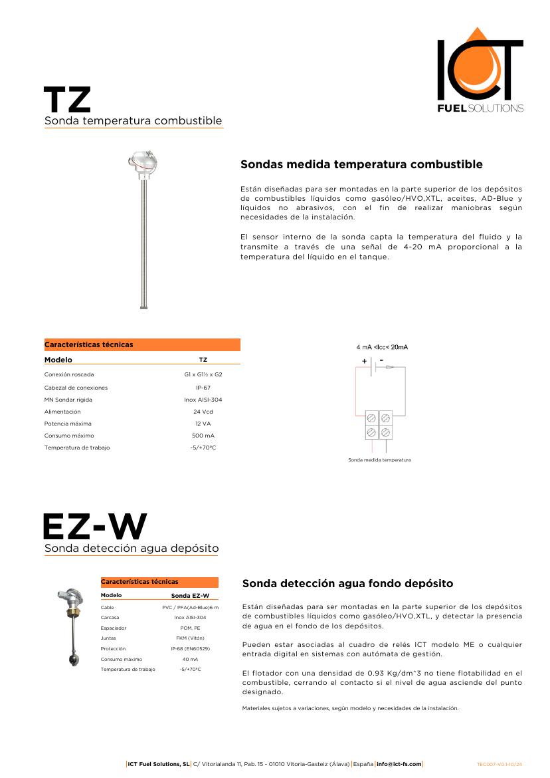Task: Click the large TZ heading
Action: (x=67, y=100)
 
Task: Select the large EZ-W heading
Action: (x=94, y=527)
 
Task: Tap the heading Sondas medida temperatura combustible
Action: (x=361, y=164)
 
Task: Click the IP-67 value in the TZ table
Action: (x=203, y=388)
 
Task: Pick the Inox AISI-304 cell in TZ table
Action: (x=203, y=400)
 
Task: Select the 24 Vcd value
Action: (x=203, y=412)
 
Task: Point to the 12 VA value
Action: (x=203, y=424)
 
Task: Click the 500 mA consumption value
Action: (x=203, y=436)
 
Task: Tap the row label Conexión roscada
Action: (x=69, y=374)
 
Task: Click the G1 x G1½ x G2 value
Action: (x=203, y=374)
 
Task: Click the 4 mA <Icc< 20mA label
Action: (x=382, y=347)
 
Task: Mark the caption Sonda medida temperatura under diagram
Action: (x=379, y=459)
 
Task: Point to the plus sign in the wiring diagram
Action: (x=364, y=361)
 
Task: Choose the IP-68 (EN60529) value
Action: (x=190, y=648)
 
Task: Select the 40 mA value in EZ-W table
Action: (x=190, y=659)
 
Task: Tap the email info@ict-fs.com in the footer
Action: (x=399, y=764)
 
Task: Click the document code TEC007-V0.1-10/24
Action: (x=504, y=764)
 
